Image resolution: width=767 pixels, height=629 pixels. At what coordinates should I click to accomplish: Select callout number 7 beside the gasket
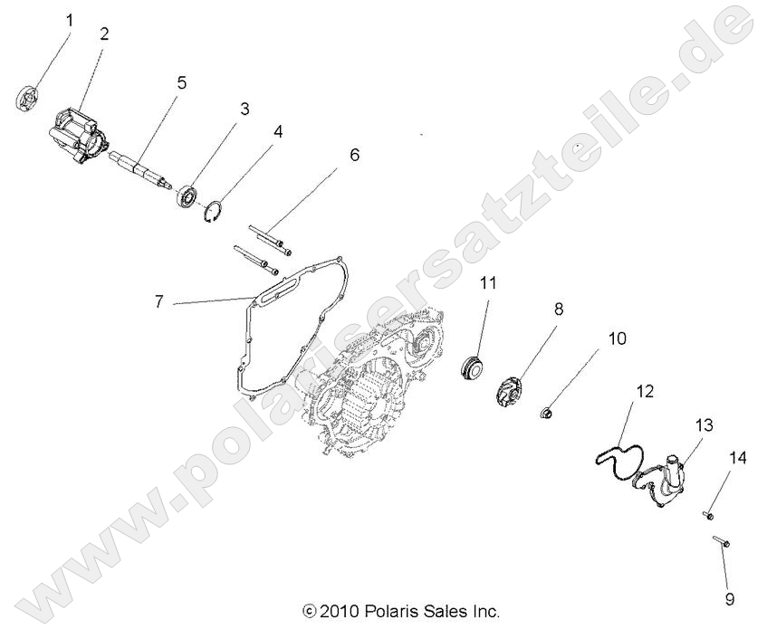(159, 301)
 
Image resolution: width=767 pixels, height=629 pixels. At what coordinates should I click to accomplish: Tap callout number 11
(488, 282)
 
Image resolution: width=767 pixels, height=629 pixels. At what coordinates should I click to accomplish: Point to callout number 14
(737, 459)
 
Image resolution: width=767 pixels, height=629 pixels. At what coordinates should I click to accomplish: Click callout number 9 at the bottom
(730, 598)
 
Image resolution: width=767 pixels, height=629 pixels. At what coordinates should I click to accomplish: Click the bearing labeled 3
(188, 194)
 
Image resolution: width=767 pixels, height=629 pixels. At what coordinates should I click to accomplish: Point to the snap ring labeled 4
(214, 214)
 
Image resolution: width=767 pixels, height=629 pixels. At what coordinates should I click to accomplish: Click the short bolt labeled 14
(709, 516)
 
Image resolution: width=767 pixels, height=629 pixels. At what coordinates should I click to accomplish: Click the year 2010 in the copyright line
(340, 611)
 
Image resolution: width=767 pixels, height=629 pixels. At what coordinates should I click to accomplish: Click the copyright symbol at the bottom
(309, 612)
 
